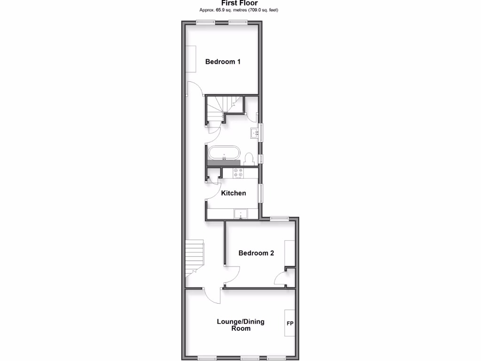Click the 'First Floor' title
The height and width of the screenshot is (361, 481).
coord(240,3)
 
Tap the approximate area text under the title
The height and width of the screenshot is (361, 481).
coord(240,10)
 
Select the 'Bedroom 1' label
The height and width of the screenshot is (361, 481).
coord(223,62)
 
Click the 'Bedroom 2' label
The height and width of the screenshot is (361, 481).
coord(256,253)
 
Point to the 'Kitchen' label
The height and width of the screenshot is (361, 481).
coord(233,193)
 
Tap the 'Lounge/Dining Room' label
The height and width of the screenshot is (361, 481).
coord(240,325)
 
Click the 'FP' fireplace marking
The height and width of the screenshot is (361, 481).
coord(289,324)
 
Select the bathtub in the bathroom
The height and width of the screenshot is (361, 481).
coord(224,153)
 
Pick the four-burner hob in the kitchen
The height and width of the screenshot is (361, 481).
coord(239,173)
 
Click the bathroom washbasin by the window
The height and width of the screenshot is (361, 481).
coord(256,133)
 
